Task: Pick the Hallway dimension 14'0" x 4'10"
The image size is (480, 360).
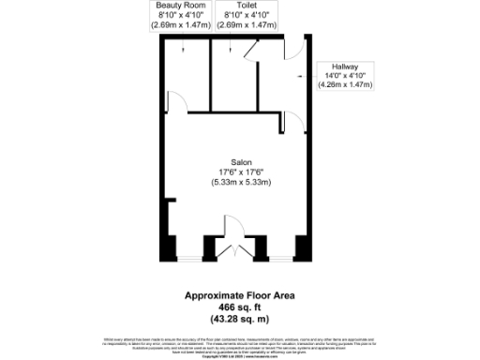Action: click(347, 75)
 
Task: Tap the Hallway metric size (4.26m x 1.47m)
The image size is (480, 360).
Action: click(347, 84)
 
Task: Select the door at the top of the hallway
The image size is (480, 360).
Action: click(293, 49)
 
